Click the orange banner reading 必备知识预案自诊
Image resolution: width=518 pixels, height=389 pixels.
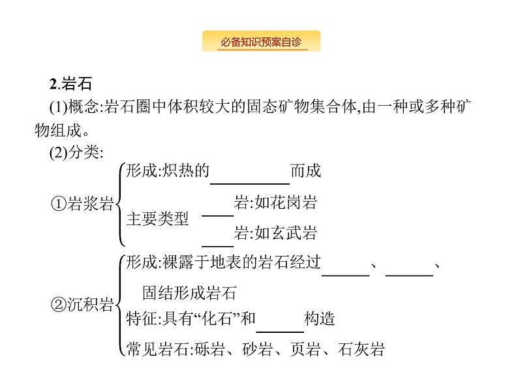(x=261, y=41)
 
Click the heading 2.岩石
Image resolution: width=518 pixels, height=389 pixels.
(x=72, y=84)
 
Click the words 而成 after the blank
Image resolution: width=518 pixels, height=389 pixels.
(x=306, y=172)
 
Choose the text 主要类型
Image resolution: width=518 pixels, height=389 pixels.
(x=157, y=219)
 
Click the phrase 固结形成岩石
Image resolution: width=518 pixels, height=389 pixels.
(x=190, y=291)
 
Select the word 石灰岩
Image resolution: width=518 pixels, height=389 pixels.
(x=362, y=350)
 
